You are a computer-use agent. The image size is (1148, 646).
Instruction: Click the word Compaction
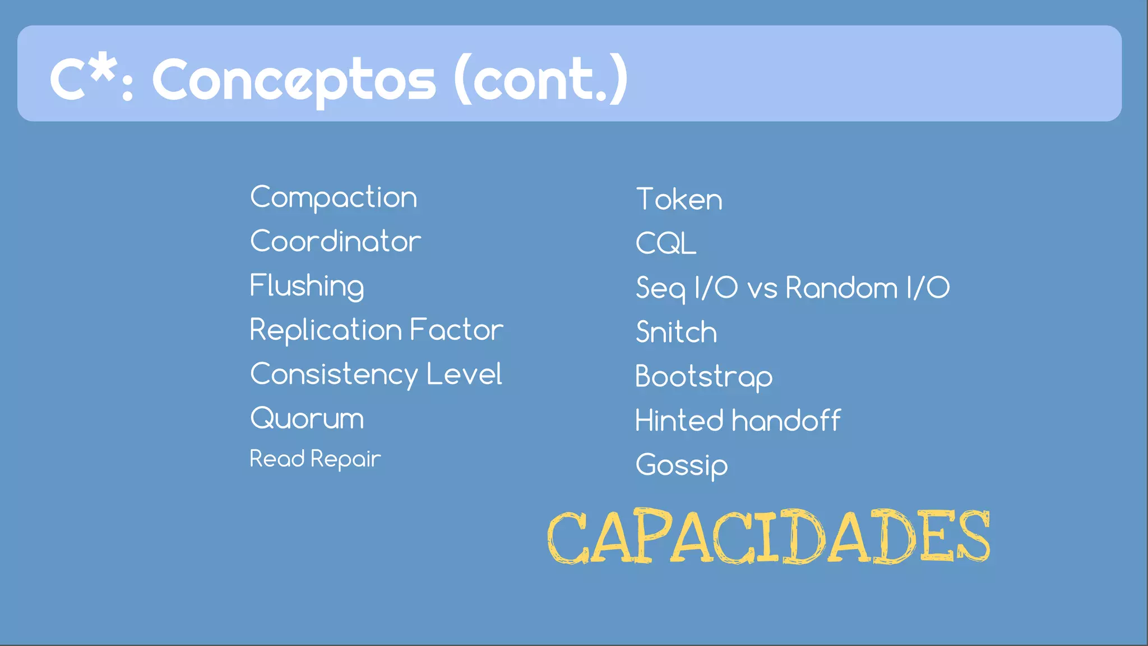point(334,197)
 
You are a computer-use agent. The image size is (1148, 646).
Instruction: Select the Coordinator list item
point(335,242)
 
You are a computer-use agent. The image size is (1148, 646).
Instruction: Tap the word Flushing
point(307,286)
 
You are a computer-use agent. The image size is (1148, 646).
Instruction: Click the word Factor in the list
point(456,330)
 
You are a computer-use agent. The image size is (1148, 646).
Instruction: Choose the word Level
point(464,374)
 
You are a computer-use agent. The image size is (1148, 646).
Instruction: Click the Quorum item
point(307,418)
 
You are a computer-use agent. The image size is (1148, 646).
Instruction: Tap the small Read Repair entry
point(315,459)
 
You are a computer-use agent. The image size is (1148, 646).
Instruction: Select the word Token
point(679,200)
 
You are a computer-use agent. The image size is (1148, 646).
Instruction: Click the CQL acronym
point(666,243)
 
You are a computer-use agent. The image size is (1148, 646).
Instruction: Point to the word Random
point(841,288)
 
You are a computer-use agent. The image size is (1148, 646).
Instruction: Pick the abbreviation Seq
point(660,288)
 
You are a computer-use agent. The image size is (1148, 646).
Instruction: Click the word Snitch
point(677,332)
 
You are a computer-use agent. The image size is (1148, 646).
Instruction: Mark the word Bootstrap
point(704,376)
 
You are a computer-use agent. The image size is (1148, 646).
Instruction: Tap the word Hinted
point(679,421)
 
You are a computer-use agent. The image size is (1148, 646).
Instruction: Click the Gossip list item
point(682,465)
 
